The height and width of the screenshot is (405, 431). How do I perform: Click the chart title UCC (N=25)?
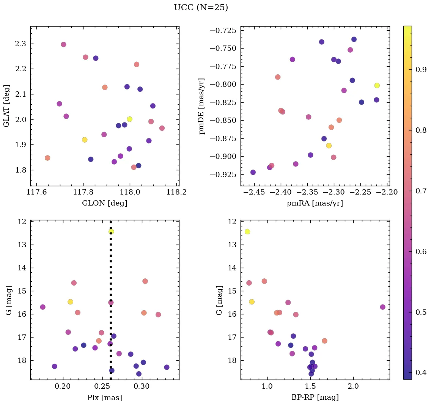coord(201,8)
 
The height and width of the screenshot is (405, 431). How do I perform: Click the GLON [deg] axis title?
coord(105,203)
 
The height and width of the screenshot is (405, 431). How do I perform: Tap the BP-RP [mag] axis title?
coord(315,397)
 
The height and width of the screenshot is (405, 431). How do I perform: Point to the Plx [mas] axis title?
coord(105,397)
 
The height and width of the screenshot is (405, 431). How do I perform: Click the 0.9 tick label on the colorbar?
coord(421,70)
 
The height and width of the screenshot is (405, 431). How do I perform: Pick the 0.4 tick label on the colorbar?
coord(421,372)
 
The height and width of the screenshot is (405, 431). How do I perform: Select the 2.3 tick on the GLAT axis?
coord(20,44)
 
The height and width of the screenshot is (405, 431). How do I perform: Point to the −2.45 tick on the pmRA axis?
coord(254,192)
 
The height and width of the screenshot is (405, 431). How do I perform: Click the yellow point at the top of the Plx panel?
coord(111,231)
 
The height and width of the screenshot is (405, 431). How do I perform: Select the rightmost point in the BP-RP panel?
coord(382,307)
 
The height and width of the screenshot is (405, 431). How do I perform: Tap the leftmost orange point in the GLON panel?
coord(47,158)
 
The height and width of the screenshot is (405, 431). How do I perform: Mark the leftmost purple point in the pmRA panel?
coord(253,172)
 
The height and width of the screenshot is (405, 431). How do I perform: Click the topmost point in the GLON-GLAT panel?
coord(63,44)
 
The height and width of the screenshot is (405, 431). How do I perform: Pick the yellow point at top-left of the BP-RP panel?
coord(247,231)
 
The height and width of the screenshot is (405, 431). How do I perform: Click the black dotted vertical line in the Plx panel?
coord(110,265)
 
